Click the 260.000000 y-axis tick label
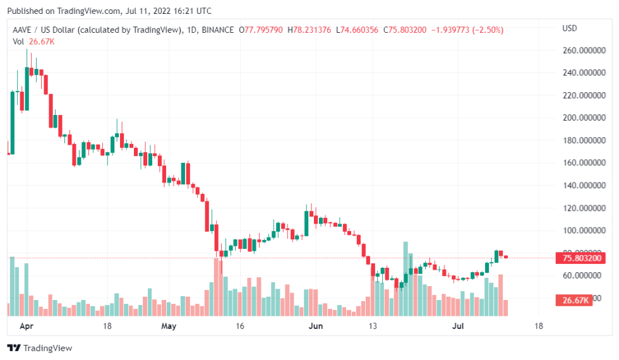(580, 51)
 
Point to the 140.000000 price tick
(580, 186)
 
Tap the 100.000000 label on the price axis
(580, 231)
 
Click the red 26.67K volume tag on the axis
(573, 300)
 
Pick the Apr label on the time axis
(27, 327)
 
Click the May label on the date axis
(168, 327)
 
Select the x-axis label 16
(239, 327)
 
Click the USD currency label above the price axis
(570, 28)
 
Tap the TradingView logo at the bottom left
(39, 348)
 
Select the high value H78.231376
(310, 30)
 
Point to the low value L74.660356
(359, 30)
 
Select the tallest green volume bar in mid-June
(406, 278)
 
